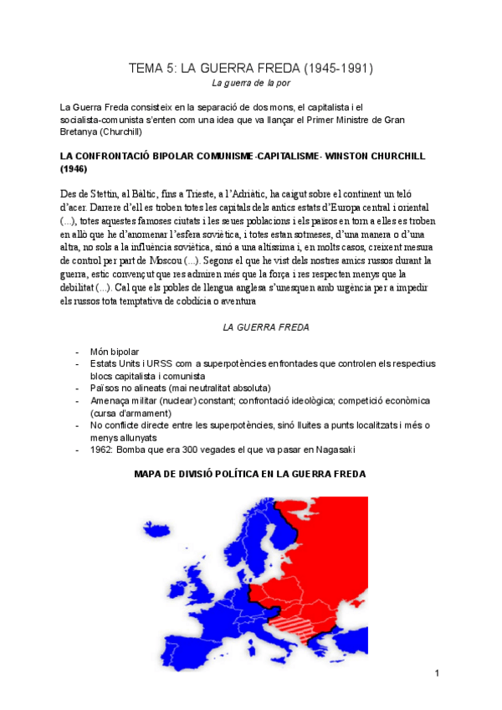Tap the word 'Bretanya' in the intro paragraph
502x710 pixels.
(79, 132)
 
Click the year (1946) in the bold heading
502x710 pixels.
(74, 168)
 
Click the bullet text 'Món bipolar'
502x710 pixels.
(115, 352)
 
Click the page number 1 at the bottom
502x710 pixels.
(437, 673)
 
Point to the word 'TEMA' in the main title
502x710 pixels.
(146, 68)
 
